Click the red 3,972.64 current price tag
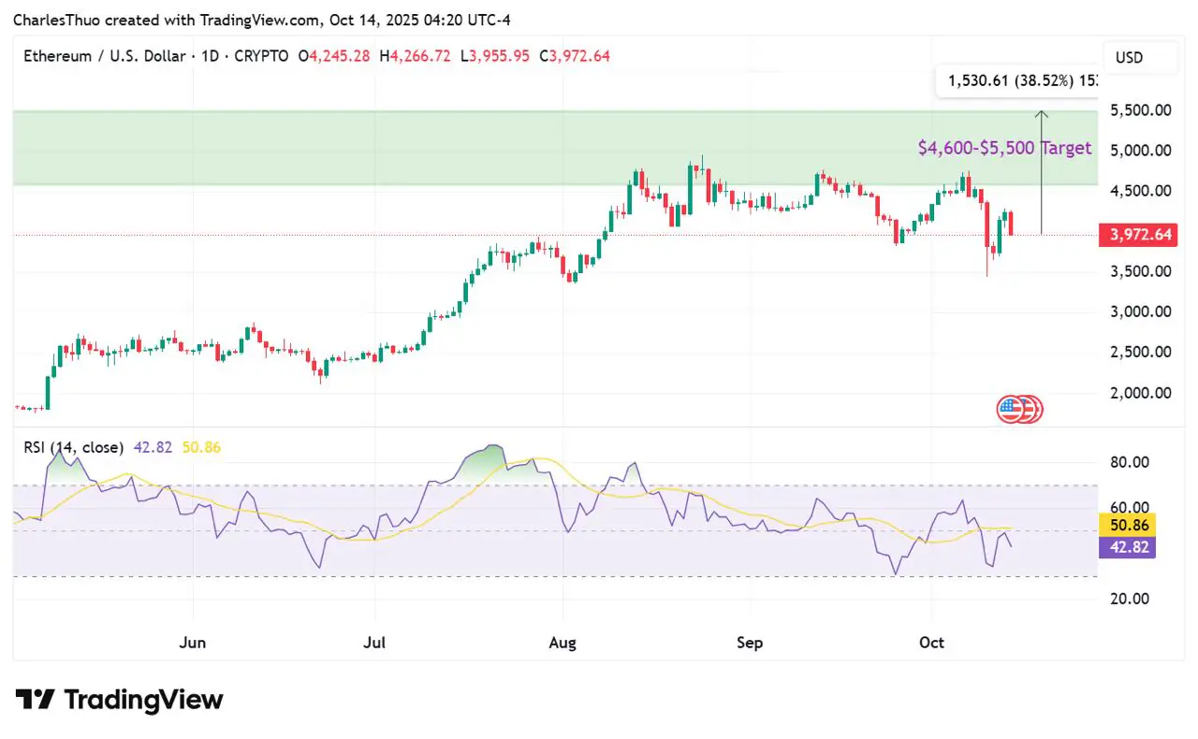point(1138,235)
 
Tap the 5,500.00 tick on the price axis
point(1141,110)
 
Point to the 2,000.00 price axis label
point(1141,393)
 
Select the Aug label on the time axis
point(562,643)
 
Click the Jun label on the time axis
point(193,643)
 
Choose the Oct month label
point(931,643)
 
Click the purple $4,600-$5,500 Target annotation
point(1004,148)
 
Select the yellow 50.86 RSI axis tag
point(1128,525)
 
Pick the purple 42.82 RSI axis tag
point(1128,547)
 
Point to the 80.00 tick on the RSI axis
point(1130,462)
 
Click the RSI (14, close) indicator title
point(73,447)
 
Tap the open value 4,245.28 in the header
point(340,56)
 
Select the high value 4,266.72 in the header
point(420,56)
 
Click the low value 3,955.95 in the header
point(500,56)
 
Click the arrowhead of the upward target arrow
point(1042,113)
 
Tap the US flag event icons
point(1019,410)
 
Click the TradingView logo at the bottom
point(119,700)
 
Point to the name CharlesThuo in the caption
point(57,21)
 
